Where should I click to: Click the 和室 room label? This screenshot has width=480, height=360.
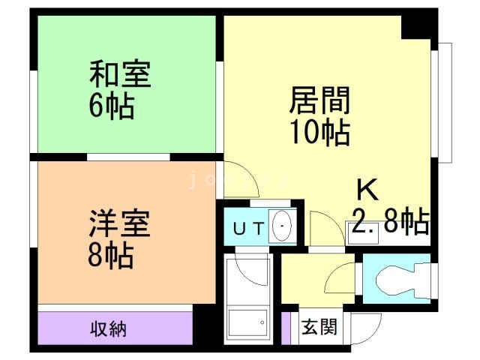tap(120, 76)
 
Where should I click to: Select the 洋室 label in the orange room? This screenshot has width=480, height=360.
tap(120, 224)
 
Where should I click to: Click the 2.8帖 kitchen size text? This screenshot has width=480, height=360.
tap(391, 221)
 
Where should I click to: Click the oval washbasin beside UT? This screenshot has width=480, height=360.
tap(282, 227)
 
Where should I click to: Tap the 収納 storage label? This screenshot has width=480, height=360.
tap(109, 328)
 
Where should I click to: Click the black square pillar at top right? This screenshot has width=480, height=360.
tap(416, 28)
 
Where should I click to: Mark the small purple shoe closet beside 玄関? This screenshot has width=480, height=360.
tap(286, 327)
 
